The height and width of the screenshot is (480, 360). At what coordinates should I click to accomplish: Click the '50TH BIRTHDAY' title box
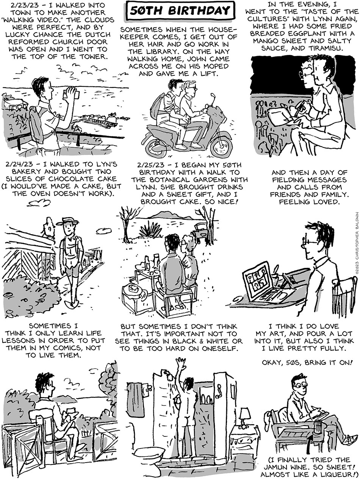click(180, 11)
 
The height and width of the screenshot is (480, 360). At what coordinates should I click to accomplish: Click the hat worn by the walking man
click(67, 221)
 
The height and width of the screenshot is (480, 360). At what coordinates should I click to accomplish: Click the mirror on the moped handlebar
click(212, 97)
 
